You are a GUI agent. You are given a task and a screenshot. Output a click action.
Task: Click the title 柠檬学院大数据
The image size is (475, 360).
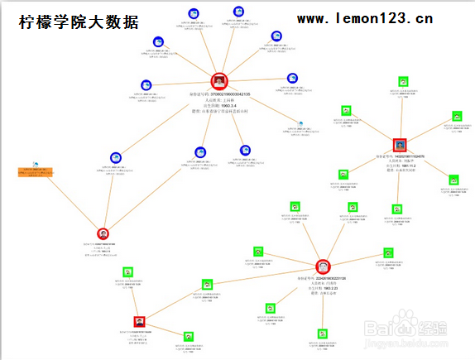79,22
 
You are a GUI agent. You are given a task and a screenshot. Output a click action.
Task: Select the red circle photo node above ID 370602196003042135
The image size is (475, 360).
219,81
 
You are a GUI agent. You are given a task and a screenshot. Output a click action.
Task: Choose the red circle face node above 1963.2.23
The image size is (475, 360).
324,266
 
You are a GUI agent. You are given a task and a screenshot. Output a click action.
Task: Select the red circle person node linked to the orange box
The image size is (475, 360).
103,234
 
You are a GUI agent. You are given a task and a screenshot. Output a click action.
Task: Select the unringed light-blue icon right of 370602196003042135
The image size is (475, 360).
300,125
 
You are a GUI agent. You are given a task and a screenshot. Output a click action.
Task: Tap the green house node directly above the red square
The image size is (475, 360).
127,271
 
